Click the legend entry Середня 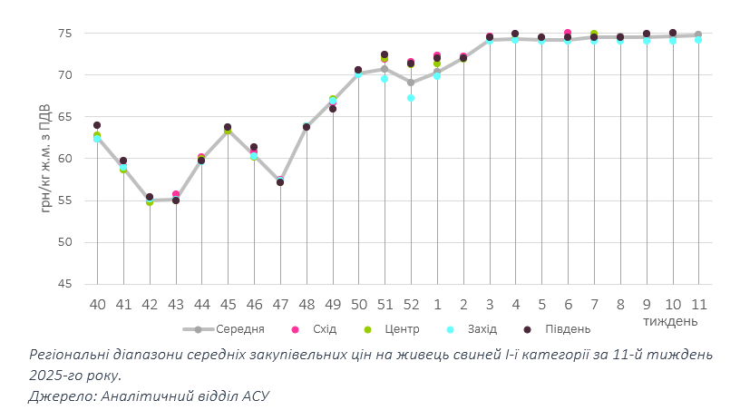coord(240,329)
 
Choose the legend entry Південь coord(568,329)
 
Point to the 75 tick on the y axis coord(65,33)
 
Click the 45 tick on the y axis coord(65,284)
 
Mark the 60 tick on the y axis coord(65,159)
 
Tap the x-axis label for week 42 coord(150,304)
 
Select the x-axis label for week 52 coord(411,304)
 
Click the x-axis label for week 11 coord(698,304)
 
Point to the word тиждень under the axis coord(670,320)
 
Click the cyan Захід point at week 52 coord(411,98)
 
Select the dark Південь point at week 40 coord(97,125)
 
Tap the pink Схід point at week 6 coord(568,33)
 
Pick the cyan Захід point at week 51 coord(385,79)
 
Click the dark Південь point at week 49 coord(333,109)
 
